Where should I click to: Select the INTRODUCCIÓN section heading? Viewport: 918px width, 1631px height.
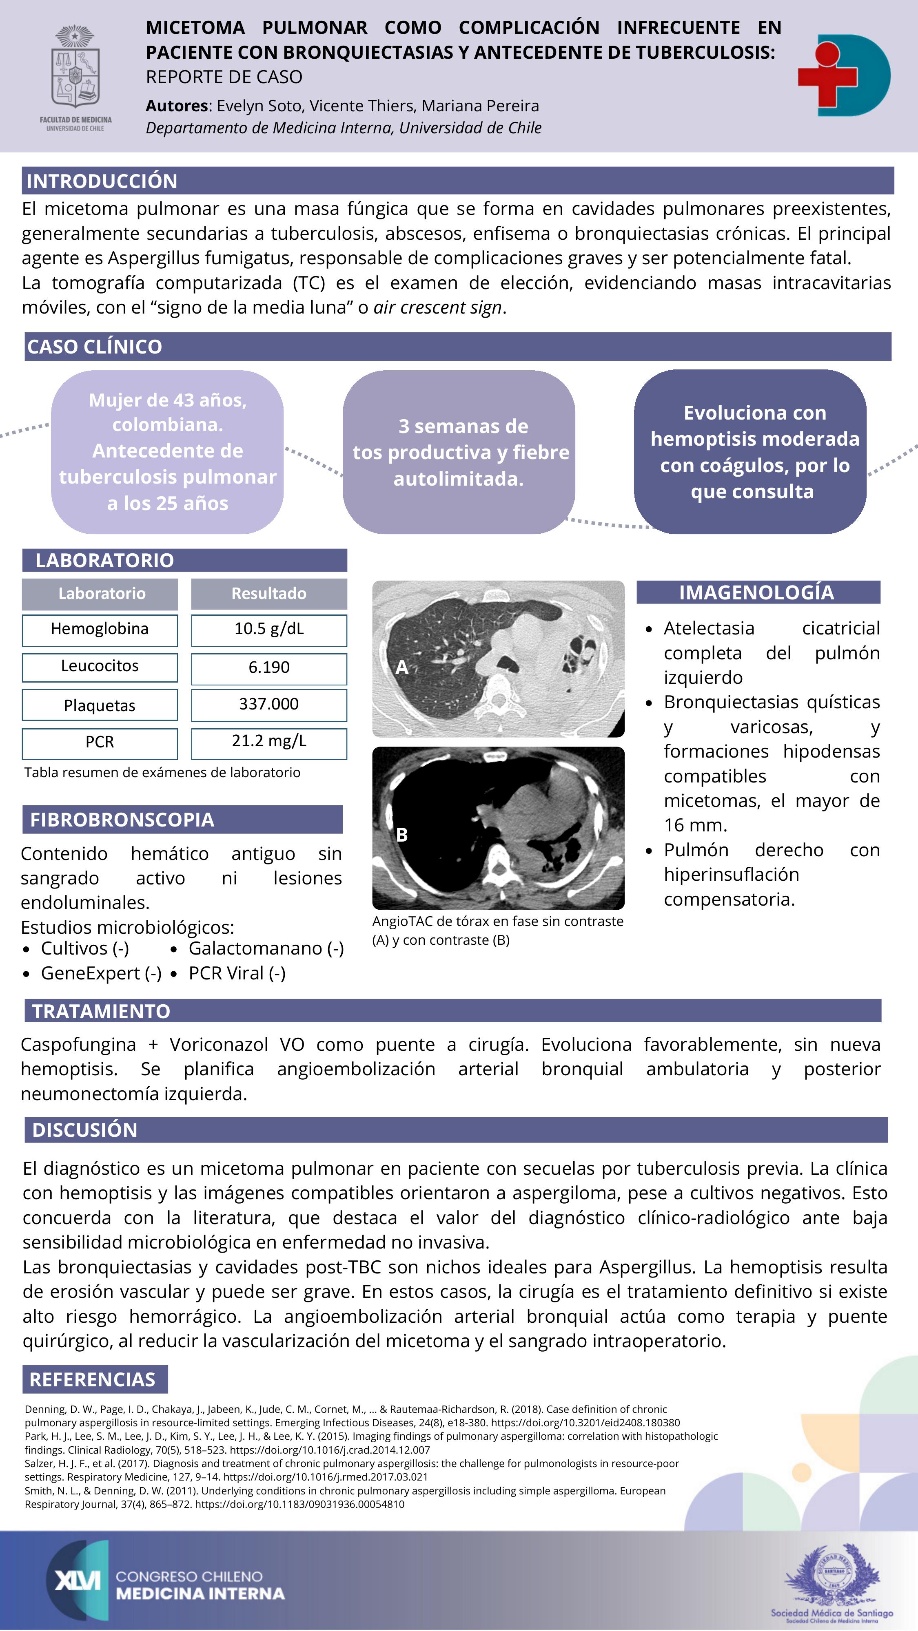(x=102, y=181)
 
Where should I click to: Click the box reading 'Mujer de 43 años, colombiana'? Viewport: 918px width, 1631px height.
(x=167, y=451)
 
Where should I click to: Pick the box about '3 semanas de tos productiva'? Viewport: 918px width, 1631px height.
(x=459, y=452)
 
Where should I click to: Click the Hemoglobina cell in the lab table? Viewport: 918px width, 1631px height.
(x=100, y=629)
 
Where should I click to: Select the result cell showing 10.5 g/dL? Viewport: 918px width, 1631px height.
(x=268, y=629)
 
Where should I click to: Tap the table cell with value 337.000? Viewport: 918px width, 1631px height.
(x=268, y=705)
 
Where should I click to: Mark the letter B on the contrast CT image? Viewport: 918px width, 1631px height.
(x=401, y=835)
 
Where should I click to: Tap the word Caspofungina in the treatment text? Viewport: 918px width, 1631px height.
(x=79, y=1044)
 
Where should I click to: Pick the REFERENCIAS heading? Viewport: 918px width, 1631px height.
(x=93, y=1380)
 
